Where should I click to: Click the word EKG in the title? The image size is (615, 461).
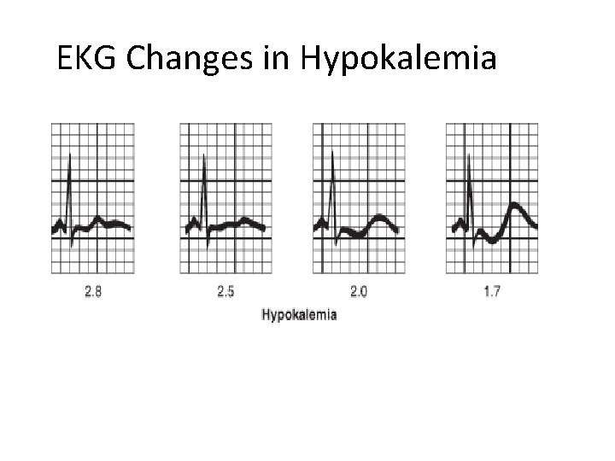pos(86,58)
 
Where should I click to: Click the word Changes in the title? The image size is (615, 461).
pos(190,59)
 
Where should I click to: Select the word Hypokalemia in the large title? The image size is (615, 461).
pos(399,59)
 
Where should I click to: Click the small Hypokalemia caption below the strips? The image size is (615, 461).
pos(299,315)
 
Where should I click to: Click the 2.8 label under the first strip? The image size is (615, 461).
pos(93,292)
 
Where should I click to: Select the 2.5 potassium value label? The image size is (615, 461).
pos(225,292)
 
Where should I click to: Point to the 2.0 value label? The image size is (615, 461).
pos(359,292)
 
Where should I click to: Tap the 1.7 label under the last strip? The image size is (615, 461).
pos(492,292)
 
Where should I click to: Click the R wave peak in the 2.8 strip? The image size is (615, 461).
pos(70,154)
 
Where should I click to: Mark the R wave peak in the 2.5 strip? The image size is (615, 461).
pos(203,155)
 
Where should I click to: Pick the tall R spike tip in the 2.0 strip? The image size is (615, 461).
pos(332,150)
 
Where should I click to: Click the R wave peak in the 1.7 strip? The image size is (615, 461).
pos(468,155)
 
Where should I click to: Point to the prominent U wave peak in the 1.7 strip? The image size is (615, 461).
pos(514,205)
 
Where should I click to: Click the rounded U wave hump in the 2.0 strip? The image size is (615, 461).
pos(379,217)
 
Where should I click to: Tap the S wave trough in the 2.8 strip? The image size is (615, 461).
pos(72,246)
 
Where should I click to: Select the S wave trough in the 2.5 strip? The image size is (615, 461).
pos(208,247)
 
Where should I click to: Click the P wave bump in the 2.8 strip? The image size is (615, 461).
pos(59,222)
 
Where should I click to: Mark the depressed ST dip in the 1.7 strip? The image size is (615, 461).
pos(492,240)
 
